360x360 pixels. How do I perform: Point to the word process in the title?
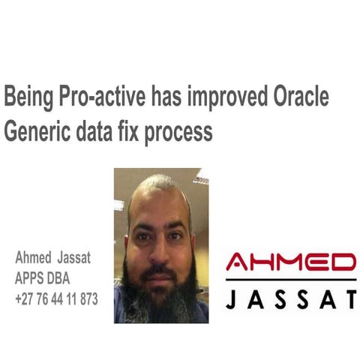(x=179, y=132)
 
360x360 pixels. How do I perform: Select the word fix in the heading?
(x=131, y=131)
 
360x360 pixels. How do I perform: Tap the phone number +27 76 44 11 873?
(x=56, y=298)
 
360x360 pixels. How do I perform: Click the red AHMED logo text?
(x=291, y=262)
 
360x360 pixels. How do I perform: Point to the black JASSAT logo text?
(x=291, y=299)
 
